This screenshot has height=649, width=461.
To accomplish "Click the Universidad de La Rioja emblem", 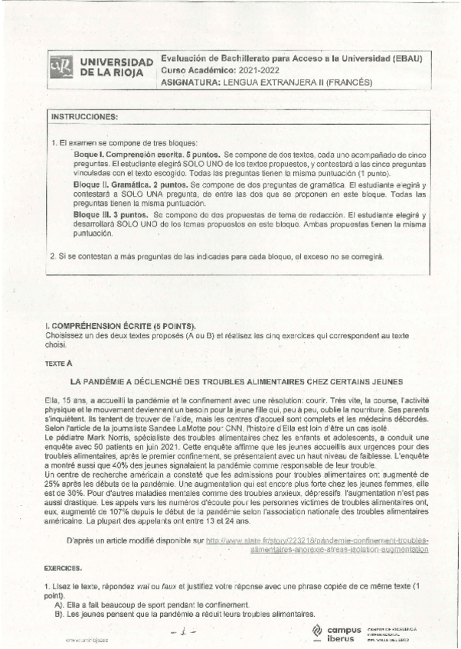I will [62, 67].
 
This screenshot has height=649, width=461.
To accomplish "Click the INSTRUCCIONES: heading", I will [84, 116].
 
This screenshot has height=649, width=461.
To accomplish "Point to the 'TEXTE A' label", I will [58, 364].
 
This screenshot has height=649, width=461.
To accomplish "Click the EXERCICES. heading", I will [63, 569].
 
